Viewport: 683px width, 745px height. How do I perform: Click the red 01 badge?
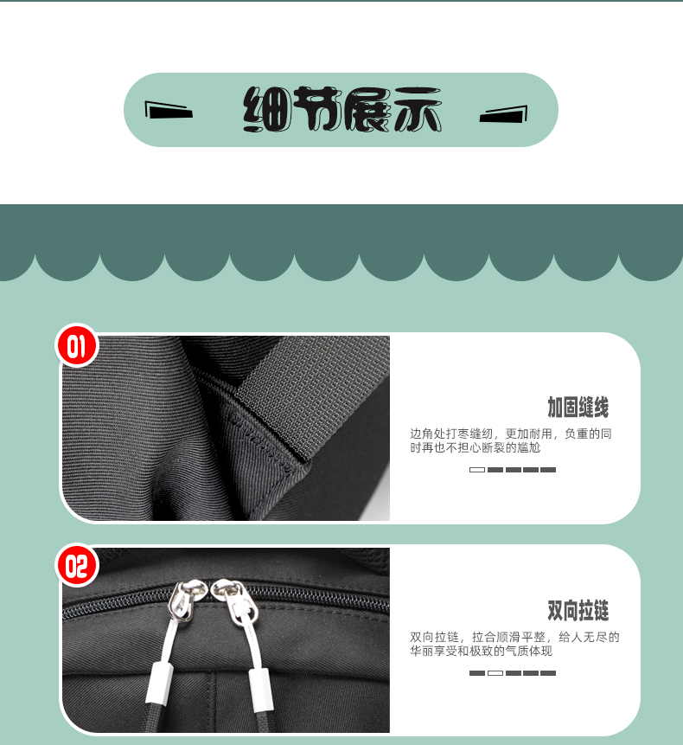click(76, 345)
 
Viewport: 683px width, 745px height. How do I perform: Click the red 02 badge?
click(77, 565)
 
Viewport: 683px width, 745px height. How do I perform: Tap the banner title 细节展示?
click(342, 109)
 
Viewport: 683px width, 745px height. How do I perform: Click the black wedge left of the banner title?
click(169, 110)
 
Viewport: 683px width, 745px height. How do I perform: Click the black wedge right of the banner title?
click(503, 114)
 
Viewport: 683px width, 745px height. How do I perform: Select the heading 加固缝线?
click(578, 408)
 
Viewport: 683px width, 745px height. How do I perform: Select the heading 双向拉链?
click(578, 611)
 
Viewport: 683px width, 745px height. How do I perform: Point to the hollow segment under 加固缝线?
click(477, 470)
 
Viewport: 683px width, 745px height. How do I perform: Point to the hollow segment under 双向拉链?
click(495, 673)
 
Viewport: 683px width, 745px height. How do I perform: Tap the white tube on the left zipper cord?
click(158, 684)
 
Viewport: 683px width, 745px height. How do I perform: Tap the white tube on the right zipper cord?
click(261, 690)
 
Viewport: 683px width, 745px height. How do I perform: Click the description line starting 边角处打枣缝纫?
click(511, 434)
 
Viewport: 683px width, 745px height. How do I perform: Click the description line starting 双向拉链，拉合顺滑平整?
click(514, 637)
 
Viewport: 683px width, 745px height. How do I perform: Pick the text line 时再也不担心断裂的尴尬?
click(476, 447)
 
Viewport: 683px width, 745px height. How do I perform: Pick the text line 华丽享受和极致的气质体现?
click(482, 651)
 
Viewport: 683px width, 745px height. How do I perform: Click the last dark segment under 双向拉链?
click(548, 673)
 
